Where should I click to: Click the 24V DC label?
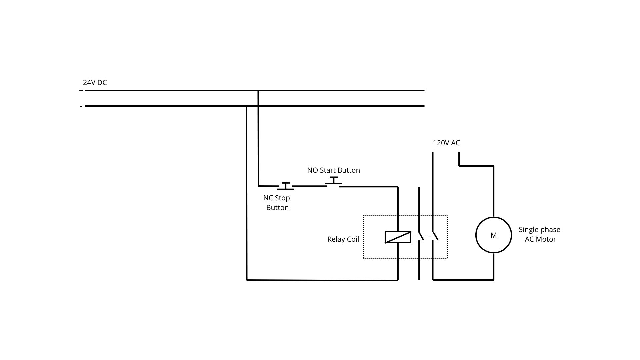tap(95, 83)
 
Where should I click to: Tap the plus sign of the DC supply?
tap(81, 91)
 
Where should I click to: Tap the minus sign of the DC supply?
tap(81, 106)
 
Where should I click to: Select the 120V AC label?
tap(446, 143)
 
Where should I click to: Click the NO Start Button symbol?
tap(334, 182)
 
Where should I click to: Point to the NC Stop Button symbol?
tap(286, 186)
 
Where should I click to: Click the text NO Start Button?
tap(333, 170)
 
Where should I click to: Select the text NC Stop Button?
tap(277, 203)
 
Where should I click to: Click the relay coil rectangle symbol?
tap(398, 237)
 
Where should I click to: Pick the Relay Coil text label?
tap(343, 239)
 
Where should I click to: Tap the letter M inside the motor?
tap(493, 235)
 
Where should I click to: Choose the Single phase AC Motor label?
tap(540, 234)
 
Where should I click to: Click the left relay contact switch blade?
tap(421, 235)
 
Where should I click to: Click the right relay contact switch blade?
tap(435, 235)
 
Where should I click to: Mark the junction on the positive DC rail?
tap(258, 91)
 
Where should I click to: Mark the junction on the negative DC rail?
tap(247, 106)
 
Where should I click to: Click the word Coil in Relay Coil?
tap(353, 239)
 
